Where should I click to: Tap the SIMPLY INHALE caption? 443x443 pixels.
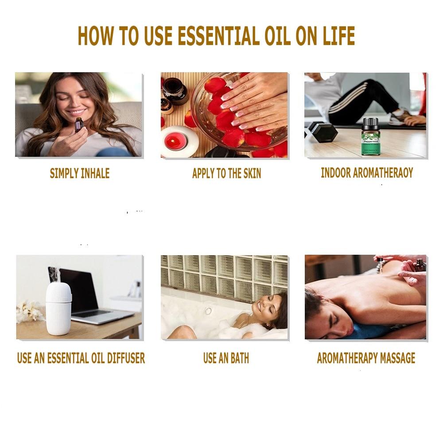click(80, 173)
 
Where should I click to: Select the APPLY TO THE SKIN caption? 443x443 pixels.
click(226, 174)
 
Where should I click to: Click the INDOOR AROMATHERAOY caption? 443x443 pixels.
click(367, 173)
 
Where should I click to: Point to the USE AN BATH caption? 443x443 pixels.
click(226, 358)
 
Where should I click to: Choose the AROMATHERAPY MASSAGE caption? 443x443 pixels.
click(366, 358)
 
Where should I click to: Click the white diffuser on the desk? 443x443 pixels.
click(58, 308)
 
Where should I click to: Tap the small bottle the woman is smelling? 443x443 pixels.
click(78, 124)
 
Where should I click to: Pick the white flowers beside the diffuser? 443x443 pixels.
click(30, 311)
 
